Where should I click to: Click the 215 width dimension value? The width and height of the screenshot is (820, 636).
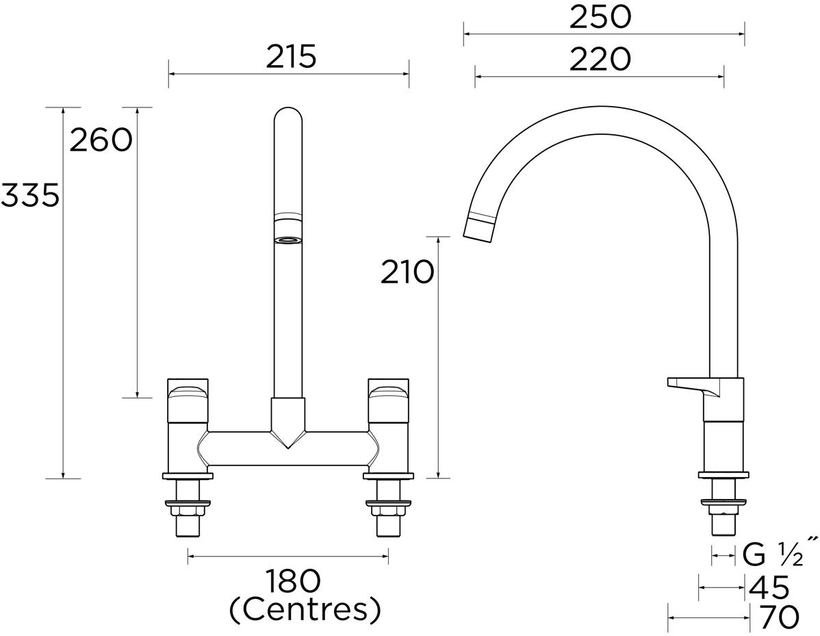pos(291,57)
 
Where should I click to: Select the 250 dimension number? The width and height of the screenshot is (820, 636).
pos(600,17)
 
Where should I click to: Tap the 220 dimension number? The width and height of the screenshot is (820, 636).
pos(600,60)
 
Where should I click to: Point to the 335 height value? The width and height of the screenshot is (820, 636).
pos(30,196)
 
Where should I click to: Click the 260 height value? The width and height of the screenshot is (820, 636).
pos(101,140)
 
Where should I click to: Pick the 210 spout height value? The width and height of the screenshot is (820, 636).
pos(407,272)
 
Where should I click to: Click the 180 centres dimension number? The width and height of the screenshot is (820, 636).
pos(292,582)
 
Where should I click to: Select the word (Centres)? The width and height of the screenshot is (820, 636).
pos(305,609)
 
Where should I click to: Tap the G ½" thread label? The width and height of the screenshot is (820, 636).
pos(780,555)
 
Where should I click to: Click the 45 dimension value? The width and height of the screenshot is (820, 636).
pos(769,588)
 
